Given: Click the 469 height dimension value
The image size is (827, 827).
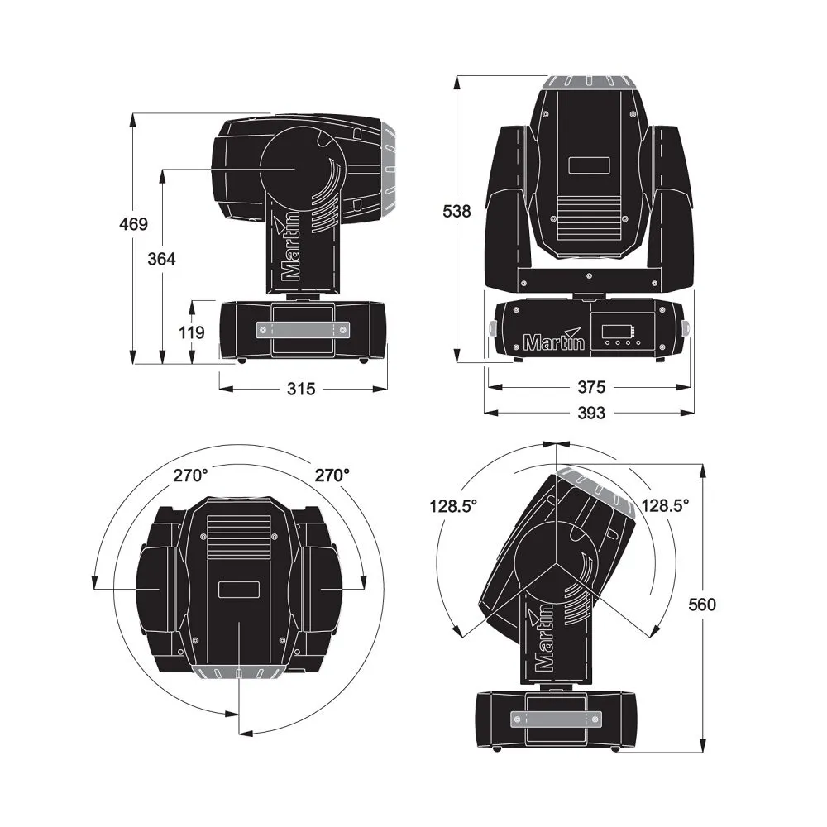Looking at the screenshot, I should coord(132,223).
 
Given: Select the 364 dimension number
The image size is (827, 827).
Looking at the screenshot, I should coord(161,258).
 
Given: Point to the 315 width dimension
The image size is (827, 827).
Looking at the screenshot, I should coord(301,388).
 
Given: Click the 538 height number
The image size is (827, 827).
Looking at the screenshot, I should coord(457,211).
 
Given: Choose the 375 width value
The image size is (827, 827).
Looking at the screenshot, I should coord(591,386).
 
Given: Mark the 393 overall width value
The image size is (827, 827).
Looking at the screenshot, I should coord(591,412).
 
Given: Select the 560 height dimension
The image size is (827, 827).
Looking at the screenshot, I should coord(701,605).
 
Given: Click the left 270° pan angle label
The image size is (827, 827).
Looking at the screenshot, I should coord(190,476).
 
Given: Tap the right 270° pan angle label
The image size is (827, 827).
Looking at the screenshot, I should coord(332,476).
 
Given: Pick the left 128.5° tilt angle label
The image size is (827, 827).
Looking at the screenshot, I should coord(453,505).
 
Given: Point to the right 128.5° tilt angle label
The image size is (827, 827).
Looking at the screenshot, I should coord(666,505).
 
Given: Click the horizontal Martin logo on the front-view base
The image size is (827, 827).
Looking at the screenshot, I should coord(554,341).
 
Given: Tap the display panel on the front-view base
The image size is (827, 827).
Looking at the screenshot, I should coord(616,336).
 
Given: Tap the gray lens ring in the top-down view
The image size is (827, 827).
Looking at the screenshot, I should coord(238,671).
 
